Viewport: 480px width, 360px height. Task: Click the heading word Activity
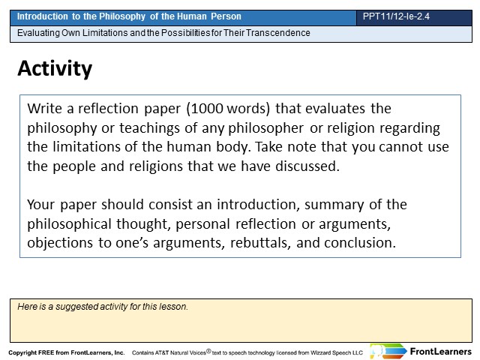(55, 69)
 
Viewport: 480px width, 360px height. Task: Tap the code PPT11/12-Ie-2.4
(396, 16)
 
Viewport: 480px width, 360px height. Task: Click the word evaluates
(335, 109)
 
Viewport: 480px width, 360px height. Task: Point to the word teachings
(149, 128)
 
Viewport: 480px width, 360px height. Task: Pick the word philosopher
(265, 128)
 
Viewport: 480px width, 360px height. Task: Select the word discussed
(307, 166)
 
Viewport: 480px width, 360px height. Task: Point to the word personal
(202, 224)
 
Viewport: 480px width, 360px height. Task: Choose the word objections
(60, 243)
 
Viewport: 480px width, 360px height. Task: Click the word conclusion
(360, 243)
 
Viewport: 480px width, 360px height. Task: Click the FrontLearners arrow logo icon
(388, 351)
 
